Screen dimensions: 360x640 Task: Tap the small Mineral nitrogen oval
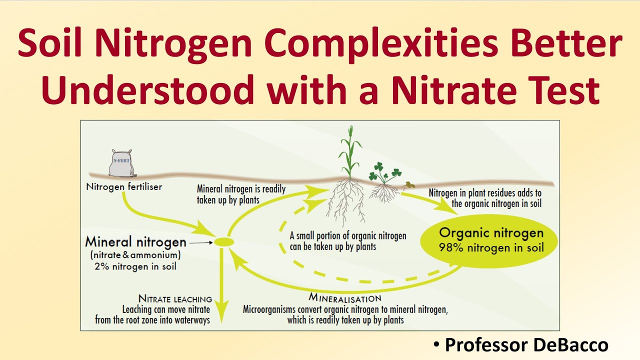pyautogui.click(x=224, y=242)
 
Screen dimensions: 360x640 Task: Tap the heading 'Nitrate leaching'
pyautogui.click(x=175, y=299)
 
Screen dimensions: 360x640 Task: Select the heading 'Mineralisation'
pyautogui.click(x=344, y=298)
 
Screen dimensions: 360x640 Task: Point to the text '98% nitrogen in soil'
pyautogui.click(x=491, y=247)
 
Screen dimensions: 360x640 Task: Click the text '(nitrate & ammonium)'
pyautogui.click(x=135, y=255)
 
